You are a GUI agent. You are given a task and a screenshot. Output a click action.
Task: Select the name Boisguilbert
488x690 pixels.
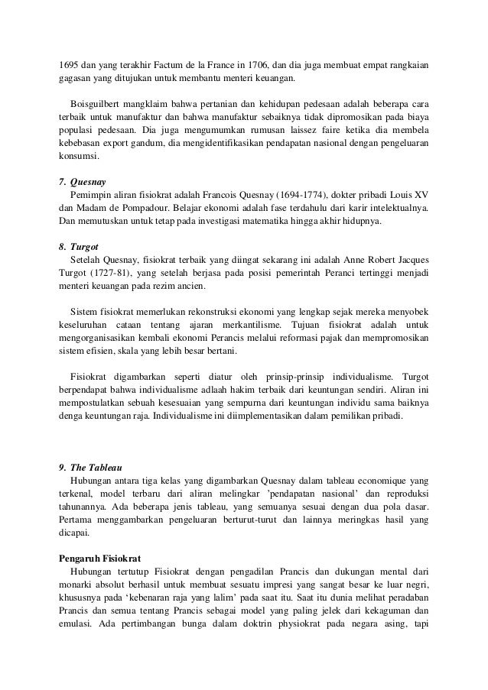(98, 103)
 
